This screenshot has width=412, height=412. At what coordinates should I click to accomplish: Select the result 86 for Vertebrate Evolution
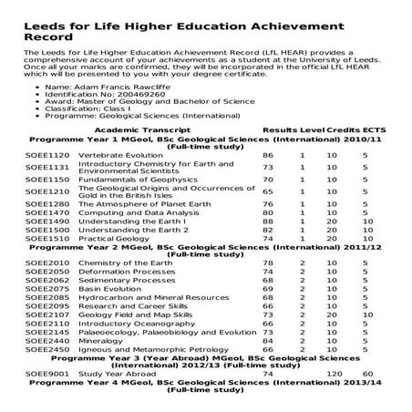pyautogui.click(x=268, y=156)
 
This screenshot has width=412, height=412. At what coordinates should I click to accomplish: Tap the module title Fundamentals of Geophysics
pyautogui.click(x=126, y=180)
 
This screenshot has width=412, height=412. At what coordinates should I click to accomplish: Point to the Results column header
pyautogui.click(x=280, y=131)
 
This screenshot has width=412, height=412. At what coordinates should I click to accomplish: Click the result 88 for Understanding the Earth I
pyautogui.click(x=268, y=221)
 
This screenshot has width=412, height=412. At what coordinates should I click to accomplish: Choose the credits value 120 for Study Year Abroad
pyautogui.click(x=334, y=374)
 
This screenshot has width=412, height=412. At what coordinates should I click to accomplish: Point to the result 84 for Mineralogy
pyautogui.click(x=268, y=340)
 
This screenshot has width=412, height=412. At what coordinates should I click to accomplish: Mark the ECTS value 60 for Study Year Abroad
pyautogui.click(x=367, y=374)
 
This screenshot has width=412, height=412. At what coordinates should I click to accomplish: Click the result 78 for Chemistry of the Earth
pyautogui.click(x=268, y=263)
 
